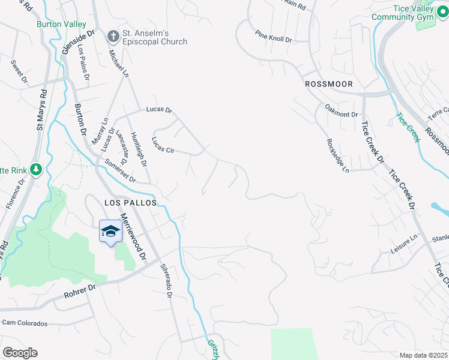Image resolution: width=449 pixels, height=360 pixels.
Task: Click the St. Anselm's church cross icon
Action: pyautogui.click(x=113, y=37)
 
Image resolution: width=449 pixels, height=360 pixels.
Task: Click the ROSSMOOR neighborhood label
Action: pyautogui.click(x=328, y=84)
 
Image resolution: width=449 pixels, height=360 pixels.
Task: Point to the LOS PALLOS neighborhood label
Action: pyautogui.click(x=131, y=203)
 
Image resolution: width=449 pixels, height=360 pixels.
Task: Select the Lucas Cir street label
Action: pyautogui.click(x=162, y=145)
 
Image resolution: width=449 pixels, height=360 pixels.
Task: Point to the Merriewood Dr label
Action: pyautogui.click(x=133, y=237)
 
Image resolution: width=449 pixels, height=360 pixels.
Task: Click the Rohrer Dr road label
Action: pyautogui.click(x=80, y=292)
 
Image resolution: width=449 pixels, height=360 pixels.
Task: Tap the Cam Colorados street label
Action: pyautogui.click(x=25, y=323)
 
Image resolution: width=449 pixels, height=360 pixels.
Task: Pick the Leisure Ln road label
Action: pyautogui.click(x=403, y=244)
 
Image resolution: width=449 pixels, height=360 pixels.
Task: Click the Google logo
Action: pyautogui.click(x=20, y=352)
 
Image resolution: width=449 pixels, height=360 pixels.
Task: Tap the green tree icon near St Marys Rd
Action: pyautogui.click(x=36, y=170)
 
